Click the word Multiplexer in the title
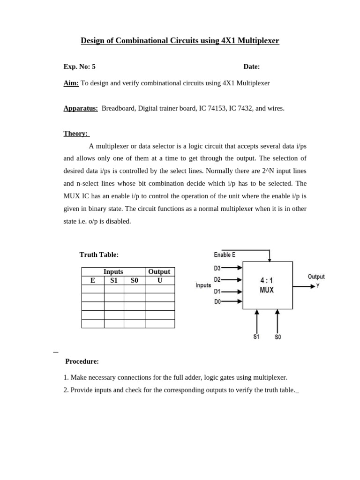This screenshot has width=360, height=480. [258, 41]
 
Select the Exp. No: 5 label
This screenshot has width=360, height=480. [79, 67]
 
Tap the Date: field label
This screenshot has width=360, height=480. [252, 67]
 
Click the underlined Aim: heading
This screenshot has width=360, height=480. [71, 83]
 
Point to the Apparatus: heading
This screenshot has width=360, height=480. [81, 108]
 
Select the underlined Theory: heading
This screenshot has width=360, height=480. [75, 134]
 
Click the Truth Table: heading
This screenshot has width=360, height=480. [99, 255]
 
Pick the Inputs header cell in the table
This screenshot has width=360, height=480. [113, 272]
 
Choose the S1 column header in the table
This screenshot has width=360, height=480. [114, 280]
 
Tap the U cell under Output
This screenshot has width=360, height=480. [159, 280]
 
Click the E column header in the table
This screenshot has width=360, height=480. [93, 280]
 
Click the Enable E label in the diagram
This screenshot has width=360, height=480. [225, 255]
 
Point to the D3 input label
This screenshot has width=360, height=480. [217, 268]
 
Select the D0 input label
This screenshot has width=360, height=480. [217, 302]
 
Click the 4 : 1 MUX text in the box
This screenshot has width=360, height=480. [267, 285]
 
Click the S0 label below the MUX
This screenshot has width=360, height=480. [278, 337]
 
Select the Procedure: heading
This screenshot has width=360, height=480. [82, 361]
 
